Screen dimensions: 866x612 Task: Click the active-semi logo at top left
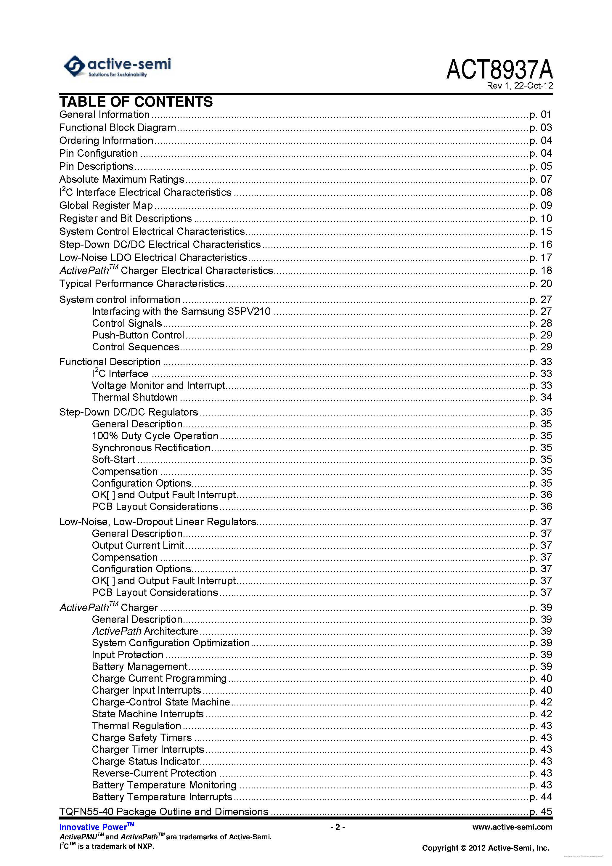click(117, 66)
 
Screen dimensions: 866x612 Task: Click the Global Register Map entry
click(106, 206)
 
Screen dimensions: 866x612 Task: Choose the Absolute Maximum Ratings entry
click(121, 179)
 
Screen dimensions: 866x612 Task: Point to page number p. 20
click(540, 284)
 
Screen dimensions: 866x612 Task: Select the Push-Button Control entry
click(138, 335)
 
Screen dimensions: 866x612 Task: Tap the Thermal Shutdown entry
click(135, 397)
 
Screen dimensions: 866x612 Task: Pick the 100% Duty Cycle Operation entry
click(155, 436)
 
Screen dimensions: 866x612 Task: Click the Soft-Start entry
click(113, 459)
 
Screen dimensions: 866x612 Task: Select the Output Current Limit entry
click(138, 546)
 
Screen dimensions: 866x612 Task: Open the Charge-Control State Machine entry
click(161, 702)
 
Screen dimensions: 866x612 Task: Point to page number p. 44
click(540, 797)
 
